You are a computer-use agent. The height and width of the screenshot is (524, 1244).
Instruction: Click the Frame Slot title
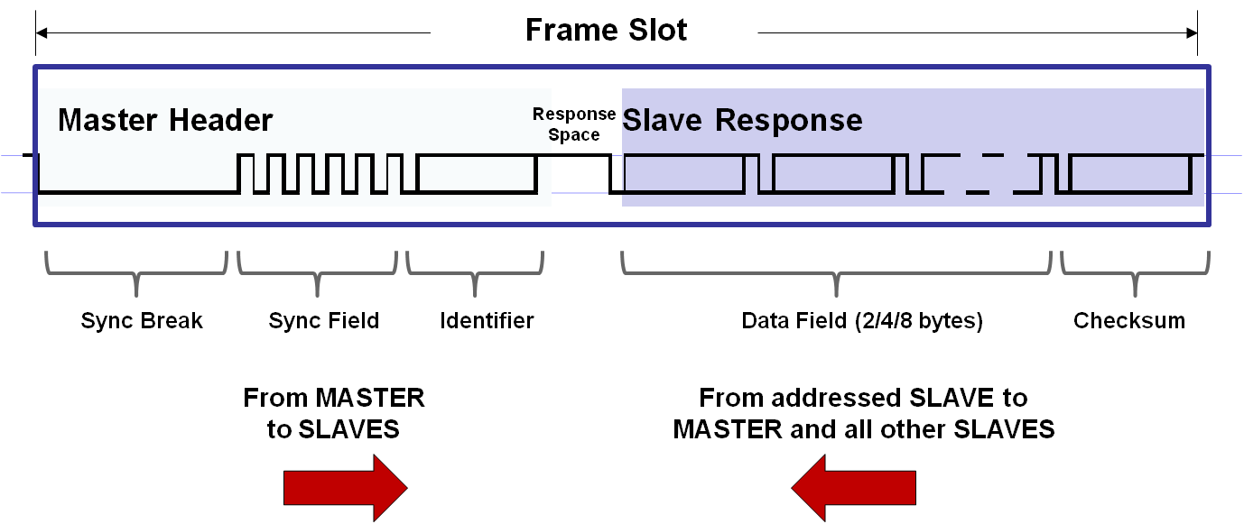[x=606, y=31]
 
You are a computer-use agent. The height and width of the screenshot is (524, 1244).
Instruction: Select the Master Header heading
[x=165, y=120]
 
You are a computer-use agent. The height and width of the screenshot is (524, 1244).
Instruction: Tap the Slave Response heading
[x=742, y=120]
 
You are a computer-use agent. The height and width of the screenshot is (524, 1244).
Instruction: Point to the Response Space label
[x=574, y=124]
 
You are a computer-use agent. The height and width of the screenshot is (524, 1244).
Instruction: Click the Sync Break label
[x=142, y=320]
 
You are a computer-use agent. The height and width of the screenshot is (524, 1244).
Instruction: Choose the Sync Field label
[x=323, y=320]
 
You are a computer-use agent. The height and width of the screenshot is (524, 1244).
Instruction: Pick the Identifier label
[x=487, y=320]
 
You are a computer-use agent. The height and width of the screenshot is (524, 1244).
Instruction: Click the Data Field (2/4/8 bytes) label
[x=861, y=320]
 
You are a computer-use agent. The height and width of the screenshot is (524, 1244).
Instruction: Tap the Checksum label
[x=1128, y=320]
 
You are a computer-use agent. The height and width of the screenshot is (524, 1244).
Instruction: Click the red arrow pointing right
[x=346, y=488]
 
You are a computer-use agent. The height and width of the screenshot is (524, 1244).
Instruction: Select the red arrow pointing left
[x=854, y=488]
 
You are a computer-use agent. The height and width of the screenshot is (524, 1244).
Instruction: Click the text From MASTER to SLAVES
[x=333, y=413]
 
